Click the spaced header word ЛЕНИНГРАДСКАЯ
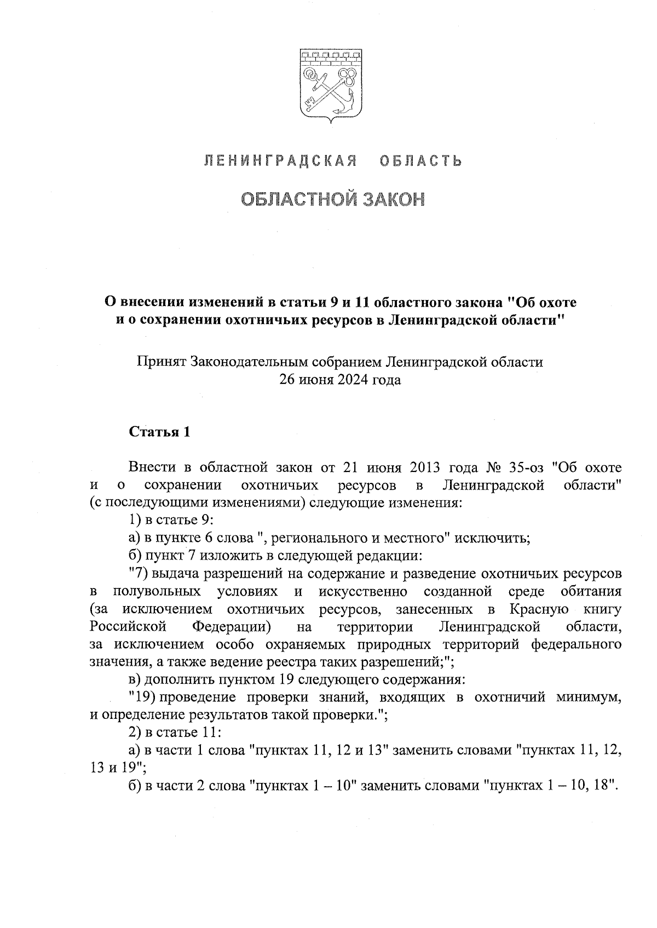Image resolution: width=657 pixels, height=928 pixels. click(x=281, y=161)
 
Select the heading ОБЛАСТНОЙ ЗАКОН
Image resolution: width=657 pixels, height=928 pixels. click(x=333, y=200)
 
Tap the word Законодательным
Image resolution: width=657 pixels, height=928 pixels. click(x=251, y=362)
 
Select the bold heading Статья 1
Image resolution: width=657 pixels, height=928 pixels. click(x=159, y=432)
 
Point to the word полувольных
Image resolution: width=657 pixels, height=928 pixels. click(x=156, y=592)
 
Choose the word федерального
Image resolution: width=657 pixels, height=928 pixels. click(x=577, y=644)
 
